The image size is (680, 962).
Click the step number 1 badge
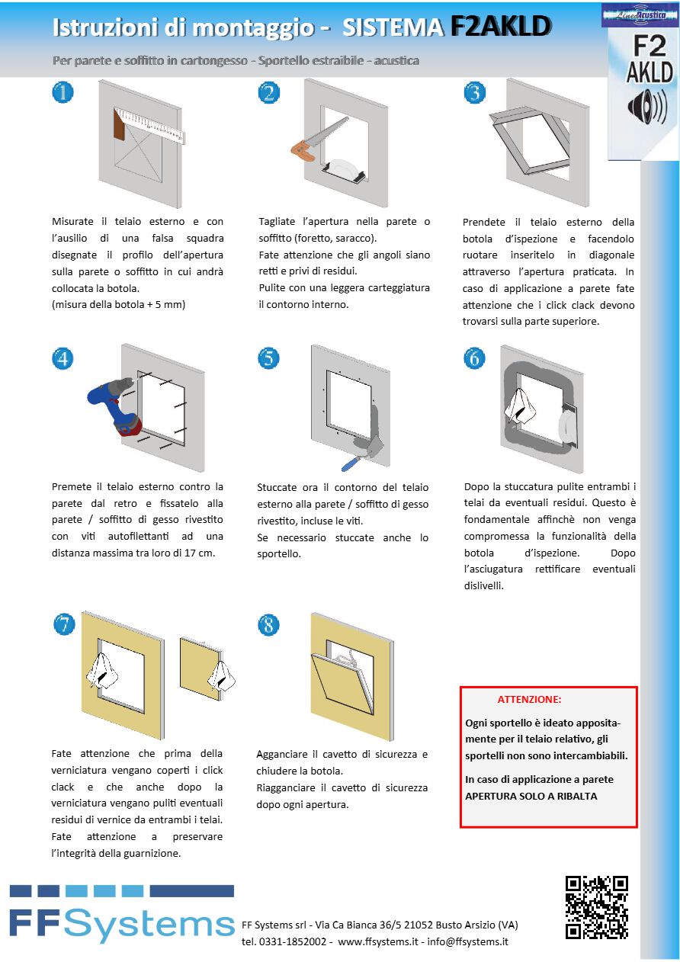(x=63, y=92)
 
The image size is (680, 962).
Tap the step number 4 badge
(x=63, y=358)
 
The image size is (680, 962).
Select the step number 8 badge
(x=268, y=625)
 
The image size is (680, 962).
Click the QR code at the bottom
(x=596, y=907)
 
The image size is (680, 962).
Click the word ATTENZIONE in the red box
(x=529, y=699)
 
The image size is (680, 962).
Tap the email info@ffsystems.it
(x=467, y=941)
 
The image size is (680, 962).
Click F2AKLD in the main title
(x=500, y=27)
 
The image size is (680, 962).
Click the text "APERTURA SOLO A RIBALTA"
(x=531, y=796)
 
